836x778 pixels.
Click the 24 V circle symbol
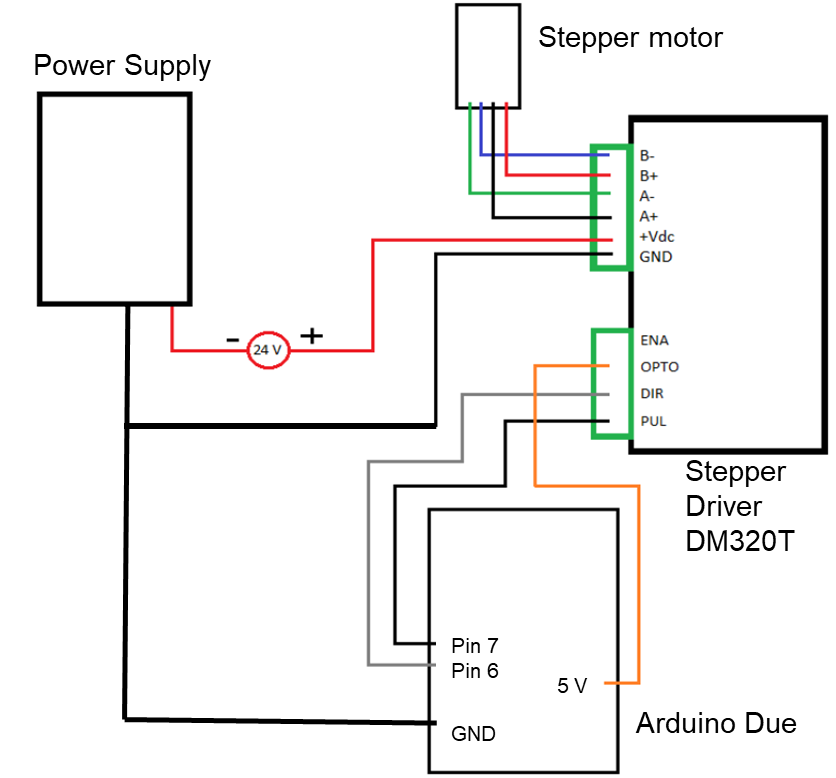[268, 350]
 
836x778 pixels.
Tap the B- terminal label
[647, 156]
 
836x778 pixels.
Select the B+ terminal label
[648, 175]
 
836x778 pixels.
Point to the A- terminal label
[647, 196]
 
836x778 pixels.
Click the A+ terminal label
[648, 216]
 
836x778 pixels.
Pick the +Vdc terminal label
[657, 236]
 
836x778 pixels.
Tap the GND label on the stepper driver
[656, 256]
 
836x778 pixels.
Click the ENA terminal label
[654, 340]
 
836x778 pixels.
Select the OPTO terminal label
[660, 367]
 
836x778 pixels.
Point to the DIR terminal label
[652, 394]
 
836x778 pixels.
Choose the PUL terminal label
[653, 421]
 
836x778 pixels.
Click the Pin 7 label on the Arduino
[475, 646]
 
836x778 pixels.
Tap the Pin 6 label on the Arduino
[475, 671]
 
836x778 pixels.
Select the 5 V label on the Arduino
[572, 686]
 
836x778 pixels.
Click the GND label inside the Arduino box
[473, 734]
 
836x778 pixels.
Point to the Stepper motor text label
[630, 37]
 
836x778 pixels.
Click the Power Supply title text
[122, 66]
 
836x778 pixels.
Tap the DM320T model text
[740, 541]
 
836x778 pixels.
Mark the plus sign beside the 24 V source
[311, 336]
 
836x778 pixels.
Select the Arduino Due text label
[716, 723]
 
